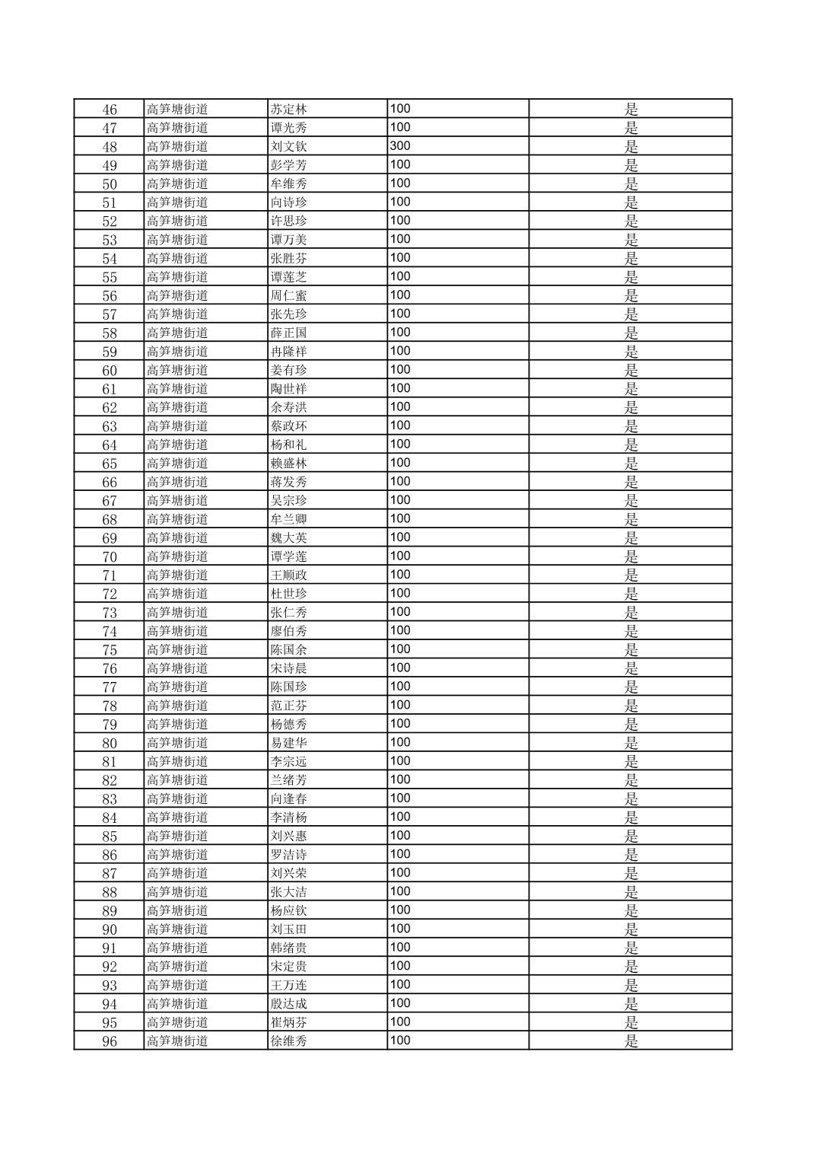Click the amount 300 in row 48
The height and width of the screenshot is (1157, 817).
pos(400,146)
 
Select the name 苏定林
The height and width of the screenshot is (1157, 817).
pos(289,110)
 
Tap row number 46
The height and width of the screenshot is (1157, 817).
pos(110,110)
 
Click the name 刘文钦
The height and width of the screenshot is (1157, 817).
pos(289,147)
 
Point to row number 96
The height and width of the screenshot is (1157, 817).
pos(110,1041)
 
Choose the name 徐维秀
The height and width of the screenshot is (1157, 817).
pos(289,1041)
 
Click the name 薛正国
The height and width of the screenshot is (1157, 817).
pos(289,333)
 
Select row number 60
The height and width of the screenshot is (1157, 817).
pos(110,371)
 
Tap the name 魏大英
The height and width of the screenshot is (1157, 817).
pos(289,538)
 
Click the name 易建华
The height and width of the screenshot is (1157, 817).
pos(289,743)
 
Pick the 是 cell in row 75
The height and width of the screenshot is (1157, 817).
pos(631,650)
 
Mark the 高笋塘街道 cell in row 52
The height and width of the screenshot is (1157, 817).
pos(177,222)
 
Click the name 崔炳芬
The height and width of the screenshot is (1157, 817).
pos(289,1022)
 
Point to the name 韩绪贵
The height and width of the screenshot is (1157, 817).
pos(289,948)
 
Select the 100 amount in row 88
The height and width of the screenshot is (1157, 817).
pos(400,891)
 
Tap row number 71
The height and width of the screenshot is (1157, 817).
pos(110,575)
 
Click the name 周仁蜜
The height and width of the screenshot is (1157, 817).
pos(289,296)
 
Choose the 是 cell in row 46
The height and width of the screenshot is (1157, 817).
pos(631,110)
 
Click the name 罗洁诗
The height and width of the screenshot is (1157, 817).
pos(289,855)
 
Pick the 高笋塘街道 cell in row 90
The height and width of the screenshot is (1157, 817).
pos(177,929)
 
